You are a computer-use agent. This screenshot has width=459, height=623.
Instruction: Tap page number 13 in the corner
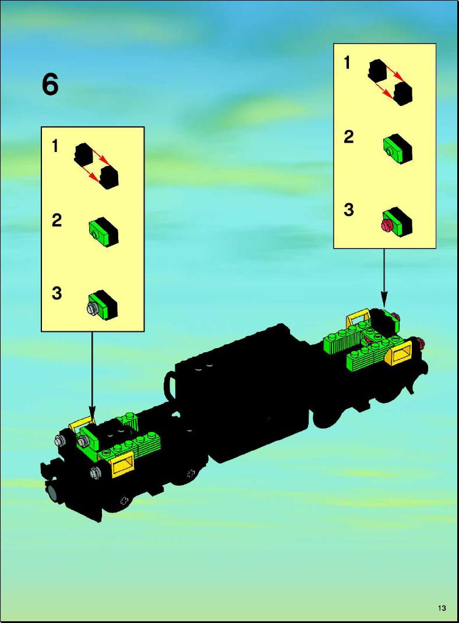(x=442, y=608)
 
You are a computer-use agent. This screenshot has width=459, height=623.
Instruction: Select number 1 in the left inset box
(x=55, y=146)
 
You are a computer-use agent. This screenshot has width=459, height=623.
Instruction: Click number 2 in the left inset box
(x=57, y=220)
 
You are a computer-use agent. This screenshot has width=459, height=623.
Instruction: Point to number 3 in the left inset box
(x=57, y=293)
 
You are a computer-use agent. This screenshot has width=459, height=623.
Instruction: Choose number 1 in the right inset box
(x=347, y=63)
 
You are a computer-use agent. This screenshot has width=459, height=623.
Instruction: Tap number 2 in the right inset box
(x=348, y=137)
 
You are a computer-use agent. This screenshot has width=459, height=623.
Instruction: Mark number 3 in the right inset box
(x=348, y=210)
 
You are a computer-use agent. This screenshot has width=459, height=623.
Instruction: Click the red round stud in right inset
(x=386, y=226)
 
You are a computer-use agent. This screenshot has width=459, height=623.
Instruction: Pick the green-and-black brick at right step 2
(x=397, y=149)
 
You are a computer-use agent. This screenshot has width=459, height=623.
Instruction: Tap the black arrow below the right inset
(x=384, y=278)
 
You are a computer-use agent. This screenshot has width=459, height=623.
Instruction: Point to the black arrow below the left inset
(x=92, y=375)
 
